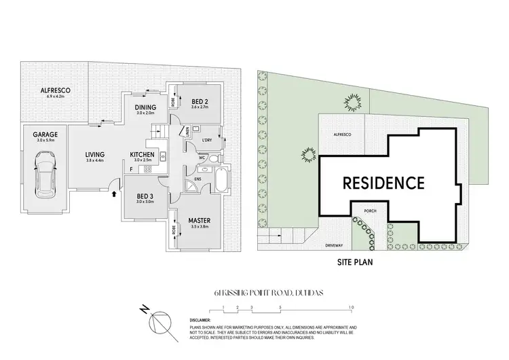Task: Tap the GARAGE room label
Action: click(44, 134)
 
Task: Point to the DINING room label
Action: click(145, 107)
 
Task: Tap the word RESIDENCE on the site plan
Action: click(383, 183)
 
